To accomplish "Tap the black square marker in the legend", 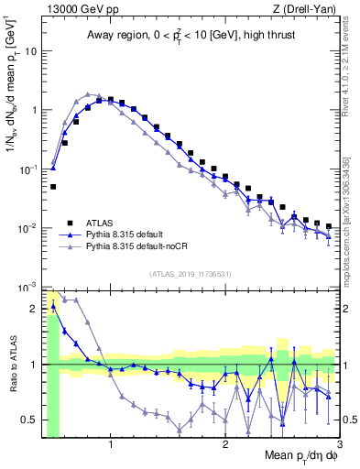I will pyautogui.click(x=70, y=223).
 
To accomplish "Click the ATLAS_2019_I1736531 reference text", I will pyautogui.click(x=189, y=274).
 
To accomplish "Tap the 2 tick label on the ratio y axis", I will pyautogui.click(x=34, y=309).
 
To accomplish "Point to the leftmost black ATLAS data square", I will pyautogui.click(x=53, y=187).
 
